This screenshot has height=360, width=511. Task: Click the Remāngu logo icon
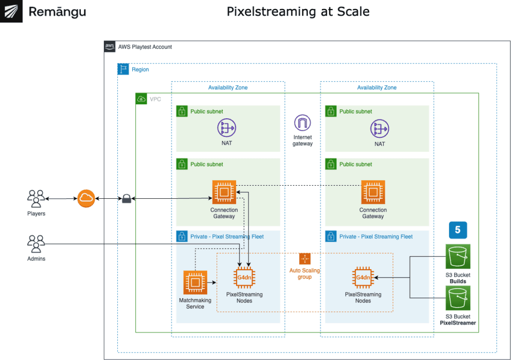[11, 11]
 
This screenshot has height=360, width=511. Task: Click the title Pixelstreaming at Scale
[298, 11]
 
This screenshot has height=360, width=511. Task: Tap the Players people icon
[36, 198]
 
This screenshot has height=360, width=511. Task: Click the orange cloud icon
[86, 199]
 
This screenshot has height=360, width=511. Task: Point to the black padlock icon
[126, 199]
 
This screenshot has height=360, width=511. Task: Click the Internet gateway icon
[302, 123]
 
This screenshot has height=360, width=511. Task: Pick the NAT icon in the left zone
[227, 128]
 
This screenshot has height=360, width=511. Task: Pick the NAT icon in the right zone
[380, 128]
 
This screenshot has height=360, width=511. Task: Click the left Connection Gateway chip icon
[224, 192]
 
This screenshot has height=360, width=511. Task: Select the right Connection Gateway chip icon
[373, 192]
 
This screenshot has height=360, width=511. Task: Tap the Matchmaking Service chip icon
[195, 283]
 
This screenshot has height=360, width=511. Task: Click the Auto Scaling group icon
[305, 259]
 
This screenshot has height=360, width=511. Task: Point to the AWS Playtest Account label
[145, 47]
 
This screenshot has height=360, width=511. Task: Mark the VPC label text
[155, 99]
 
